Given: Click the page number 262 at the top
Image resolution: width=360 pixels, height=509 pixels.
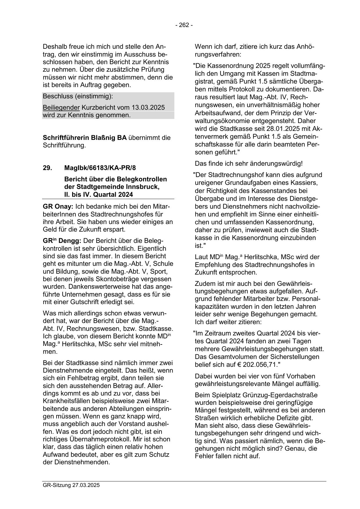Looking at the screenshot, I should (x=184, y=25).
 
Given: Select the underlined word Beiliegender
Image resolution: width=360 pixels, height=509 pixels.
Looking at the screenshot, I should (x=61, y=108).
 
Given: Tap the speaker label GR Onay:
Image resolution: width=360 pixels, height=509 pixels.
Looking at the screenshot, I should (x=58, y=207).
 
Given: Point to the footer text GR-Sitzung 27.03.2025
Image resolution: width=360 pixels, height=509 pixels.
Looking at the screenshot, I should (x=71, y=485).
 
